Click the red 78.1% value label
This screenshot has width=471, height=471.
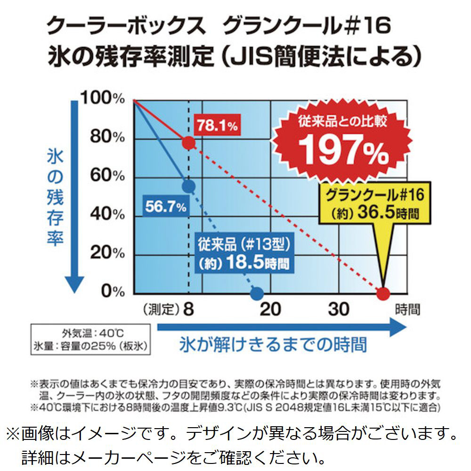click(217, 126)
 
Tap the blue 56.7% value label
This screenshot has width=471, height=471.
click(165, 205)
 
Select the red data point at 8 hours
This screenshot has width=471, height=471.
click(188, 142)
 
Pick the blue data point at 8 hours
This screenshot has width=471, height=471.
click(188, 187)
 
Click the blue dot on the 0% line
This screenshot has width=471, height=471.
click(257, 294)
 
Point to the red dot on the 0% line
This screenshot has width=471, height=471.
click(384, 294)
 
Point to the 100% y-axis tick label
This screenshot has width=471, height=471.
click(102, 98)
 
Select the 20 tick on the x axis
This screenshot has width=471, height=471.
click(270, 309)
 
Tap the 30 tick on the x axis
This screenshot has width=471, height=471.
click(339, 309)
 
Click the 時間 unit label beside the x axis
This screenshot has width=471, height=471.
click(407, 309)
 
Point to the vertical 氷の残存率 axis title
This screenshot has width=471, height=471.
click(55, 198)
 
